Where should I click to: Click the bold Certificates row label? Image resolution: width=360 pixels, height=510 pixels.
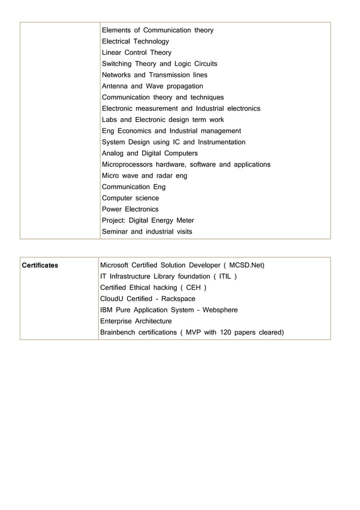click(x=39, y=265)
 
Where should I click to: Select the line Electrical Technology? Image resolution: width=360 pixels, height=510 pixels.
click(x=135, y=41)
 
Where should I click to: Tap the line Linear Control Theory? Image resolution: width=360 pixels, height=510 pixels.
click(x=137, y=53)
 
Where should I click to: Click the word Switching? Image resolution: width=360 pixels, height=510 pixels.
click(x=118, y=64)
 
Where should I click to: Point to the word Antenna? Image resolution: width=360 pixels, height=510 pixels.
click(x=115, y=86)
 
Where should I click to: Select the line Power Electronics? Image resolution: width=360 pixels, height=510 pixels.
click(x=130, y=209)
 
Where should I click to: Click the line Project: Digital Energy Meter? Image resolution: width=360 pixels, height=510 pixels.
click(x=147, y=220)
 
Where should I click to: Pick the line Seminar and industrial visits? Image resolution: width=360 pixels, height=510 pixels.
click(x=147, y=232)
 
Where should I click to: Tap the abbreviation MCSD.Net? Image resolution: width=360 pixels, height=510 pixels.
click(x=243, y=265)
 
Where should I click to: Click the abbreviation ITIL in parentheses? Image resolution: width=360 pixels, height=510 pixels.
click(x=224, y=276)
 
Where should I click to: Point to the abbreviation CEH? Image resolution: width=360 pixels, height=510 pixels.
click(x=194, y=287)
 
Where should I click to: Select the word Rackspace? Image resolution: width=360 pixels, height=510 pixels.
click(x=178, y=299)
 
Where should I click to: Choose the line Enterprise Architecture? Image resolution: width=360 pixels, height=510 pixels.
click(x=135, y=321)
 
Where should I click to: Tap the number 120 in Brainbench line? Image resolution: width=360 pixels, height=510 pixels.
click(x=226, y=333)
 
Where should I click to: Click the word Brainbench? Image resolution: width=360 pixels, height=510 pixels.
click(x=120, y=333)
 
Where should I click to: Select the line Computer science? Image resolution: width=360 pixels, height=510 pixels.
click(x=130, y=198)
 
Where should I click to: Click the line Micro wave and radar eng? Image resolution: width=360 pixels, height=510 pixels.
click(x=144, y=176)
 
